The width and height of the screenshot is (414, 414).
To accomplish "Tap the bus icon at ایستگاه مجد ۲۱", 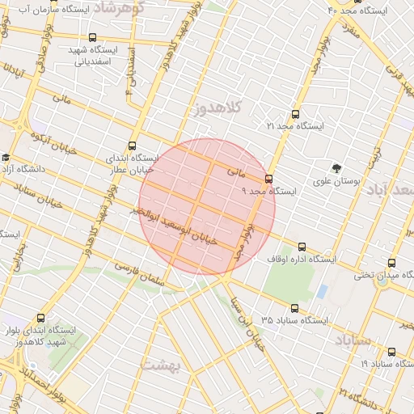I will pyautogui.click(x=294, y=115).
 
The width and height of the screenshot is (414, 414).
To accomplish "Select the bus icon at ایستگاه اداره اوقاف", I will pyautogui.click(x=302, y=247).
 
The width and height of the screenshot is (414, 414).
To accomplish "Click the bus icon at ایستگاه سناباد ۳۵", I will pyautogui.click(x=294, y=308).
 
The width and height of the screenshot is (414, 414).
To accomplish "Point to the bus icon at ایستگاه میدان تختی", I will pyautogui.click(x=392, y=263).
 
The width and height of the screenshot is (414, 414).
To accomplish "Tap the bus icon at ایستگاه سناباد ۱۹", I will pyautogui.click(x=392, y=352).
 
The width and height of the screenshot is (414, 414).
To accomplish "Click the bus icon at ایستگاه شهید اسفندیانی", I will pyautogui.click(x=91, y=37).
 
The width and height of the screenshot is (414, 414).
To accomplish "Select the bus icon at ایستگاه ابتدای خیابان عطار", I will pyautogui.click(x=132, y=146).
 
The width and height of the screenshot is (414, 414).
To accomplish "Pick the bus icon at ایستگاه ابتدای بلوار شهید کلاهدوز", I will pyautogui.click(x=42, y=318).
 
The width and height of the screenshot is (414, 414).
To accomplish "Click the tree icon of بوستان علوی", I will pyautogui.click(x=336, y=168).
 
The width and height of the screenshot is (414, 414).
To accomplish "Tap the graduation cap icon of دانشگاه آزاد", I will pyautogui.click(x=6, y=158).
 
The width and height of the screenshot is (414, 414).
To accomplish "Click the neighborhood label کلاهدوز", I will pyautogui.click(x=213, y=109).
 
